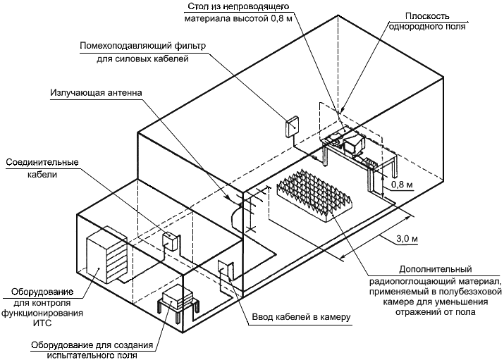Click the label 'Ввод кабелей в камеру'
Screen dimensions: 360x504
point(301,317)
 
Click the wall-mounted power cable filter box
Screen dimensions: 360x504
point(292,127)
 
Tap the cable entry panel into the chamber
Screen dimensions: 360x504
point(224,271)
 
